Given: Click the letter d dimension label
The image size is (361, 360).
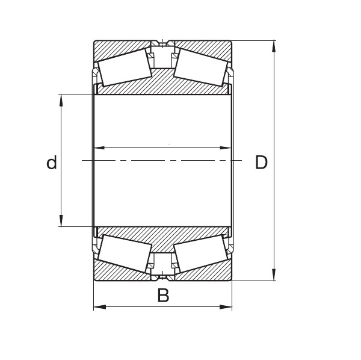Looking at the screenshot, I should point(52,162).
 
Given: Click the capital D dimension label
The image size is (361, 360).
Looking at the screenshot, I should point(261,162).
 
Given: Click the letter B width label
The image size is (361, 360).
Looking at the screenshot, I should point(162,296).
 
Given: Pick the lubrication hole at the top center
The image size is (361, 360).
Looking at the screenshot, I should point(162,44).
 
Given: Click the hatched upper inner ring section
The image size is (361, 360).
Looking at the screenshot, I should point(162,84).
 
